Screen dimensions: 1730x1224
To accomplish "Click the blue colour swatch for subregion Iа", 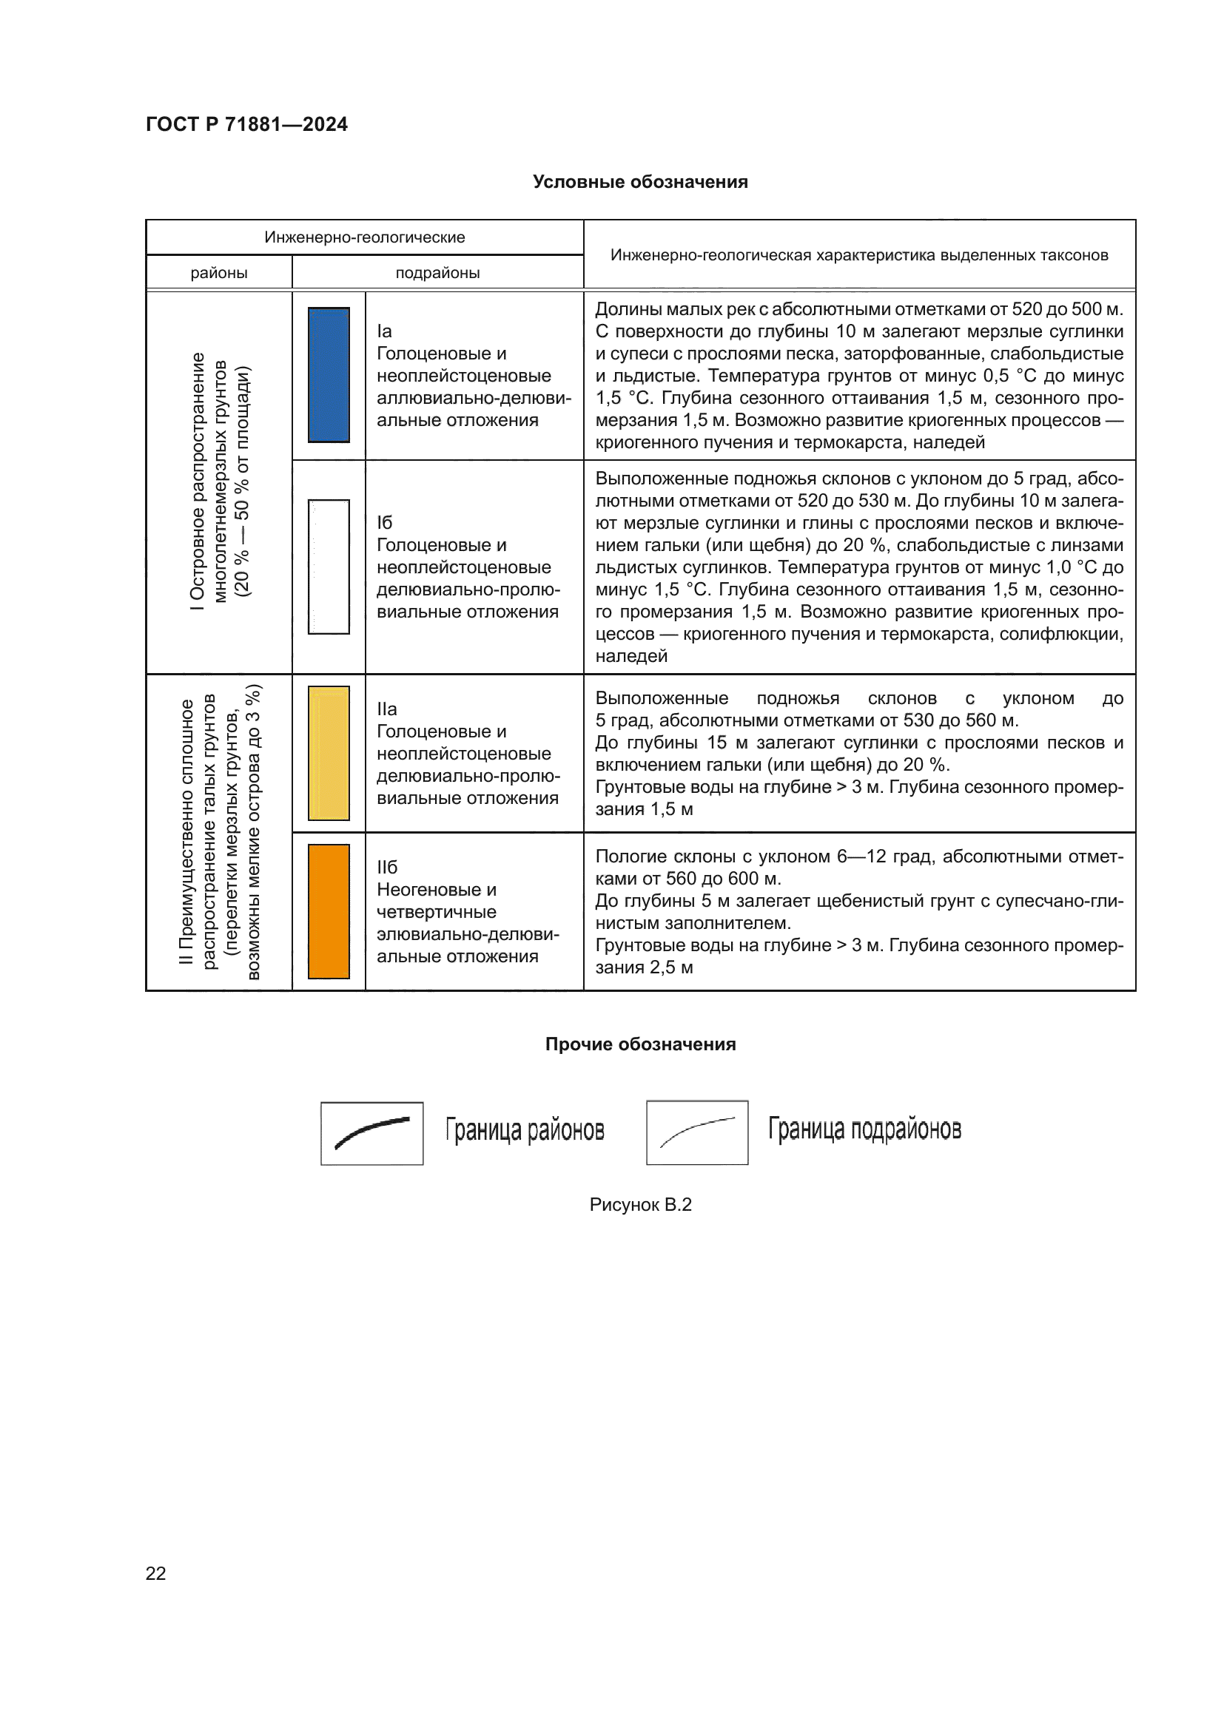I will coord(329,374).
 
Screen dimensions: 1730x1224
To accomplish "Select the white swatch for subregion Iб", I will coord(329,566).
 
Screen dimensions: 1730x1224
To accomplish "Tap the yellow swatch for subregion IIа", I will coord(329,753).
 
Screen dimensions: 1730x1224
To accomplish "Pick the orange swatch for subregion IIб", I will coord(329,911).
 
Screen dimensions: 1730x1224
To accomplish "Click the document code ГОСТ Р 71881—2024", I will coord(246,124).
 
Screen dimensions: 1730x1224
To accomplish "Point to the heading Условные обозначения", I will coord(640,182).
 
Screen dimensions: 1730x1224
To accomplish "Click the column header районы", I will coord(218,273).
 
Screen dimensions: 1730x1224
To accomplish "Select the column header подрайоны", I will coord(437,273).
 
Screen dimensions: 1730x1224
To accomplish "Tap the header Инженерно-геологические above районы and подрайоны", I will coord(364,237).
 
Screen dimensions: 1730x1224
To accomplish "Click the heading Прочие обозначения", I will coord(640,1044).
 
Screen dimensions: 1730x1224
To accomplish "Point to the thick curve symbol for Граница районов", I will coord(371,1132).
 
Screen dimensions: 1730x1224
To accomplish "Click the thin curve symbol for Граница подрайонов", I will coord(697,1132).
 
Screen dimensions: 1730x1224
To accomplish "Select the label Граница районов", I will coord(525,1130).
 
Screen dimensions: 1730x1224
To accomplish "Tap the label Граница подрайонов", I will coord(864,1129).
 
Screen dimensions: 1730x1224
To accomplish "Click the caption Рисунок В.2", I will coord(640,1204).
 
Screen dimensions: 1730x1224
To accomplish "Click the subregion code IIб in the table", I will coord(386,868).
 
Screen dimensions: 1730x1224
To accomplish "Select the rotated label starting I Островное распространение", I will coord(219,482).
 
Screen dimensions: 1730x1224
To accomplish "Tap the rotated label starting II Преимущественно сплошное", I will coord(219,832).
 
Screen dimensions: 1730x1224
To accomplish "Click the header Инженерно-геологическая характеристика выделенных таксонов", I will coord(859,254).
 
